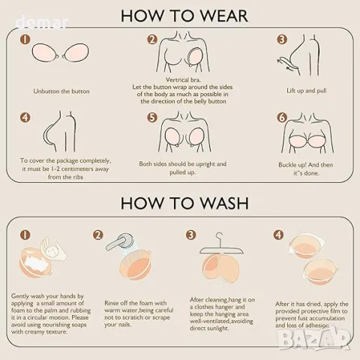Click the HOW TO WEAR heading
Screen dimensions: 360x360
(x=184, y=16)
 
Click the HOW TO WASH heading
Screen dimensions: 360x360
(x=184, y=203)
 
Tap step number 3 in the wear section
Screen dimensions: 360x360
(x=282, y=40)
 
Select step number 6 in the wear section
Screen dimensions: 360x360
(x=282, y=118)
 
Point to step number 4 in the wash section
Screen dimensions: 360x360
(x=278, y=235)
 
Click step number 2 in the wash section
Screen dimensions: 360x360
(x=97, y=235)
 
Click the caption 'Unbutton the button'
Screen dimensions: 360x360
(x=61, y=91)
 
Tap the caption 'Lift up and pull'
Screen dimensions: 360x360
(x=307, y=91)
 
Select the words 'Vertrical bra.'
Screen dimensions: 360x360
(x=183, y=80)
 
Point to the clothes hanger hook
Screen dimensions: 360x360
(x=220, y=237)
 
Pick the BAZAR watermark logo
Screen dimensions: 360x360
(x=314, y=340)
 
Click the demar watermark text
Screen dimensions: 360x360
(x=42, y=22)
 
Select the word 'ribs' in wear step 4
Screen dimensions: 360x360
(x=77, y=177)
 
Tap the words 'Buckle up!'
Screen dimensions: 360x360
(x=292, y=165)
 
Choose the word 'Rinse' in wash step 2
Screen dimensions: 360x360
(x=112, y=303)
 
